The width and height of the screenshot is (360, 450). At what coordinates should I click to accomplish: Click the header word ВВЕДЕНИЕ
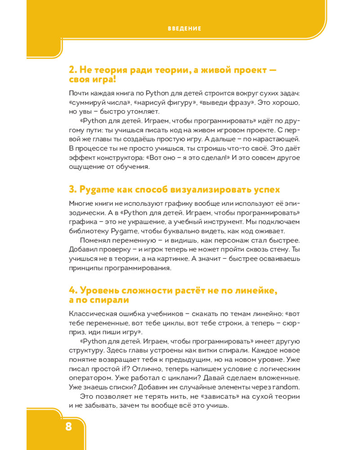[184, 28]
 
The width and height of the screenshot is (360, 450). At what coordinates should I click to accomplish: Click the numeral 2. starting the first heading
[73, 70]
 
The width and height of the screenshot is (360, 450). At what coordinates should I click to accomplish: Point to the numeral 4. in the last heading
[73, 291]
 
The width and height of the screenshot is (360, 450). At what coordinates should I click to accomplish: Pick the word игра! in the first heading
[103, 80]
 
